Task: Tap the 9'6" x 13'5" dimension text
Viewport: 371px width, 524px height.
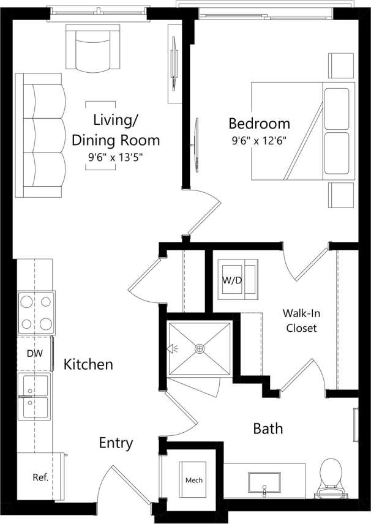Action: click(116, 156)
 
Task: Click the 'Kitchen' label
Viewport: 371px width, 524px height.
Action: click(89, 365)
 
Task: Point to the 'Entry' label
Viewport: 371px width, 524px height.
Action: click(116, 443)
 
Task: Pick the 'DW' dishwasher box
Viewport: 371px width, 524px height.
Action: click(34, 353)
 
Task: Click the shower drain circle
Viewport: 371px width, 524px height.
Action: click(199, 349)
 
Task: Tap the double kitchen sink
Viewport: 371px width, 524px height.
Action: click(35, 398)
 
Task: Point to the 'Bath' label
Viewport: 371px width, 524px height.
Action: click(268, 429)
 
